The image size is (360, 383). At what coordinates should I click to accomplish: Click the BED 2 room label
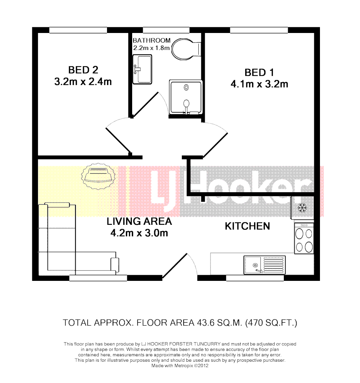pos(83,70)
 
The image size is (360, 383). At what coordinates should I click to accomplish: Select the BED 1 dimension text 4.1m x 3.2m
pos(259,84)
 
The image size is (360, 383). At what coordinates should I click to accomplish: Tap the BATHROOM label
pos(151,40)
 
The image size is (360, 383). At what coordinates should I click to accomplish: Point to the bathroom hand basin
pos(142,69)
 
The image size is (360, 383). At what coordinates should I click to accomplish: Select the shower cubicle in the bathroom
pos(186,97)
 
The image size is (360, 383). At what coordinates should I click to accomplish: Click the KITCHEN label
pos(247,226)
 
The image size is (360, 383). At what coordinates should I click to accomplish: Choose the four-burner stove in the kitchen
pos(304,239)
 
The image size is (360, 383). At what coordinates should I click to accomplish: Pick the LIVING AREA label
pos(139,221)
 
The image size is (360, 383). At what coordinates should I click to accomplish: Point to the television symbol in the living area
pos(99,175)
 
